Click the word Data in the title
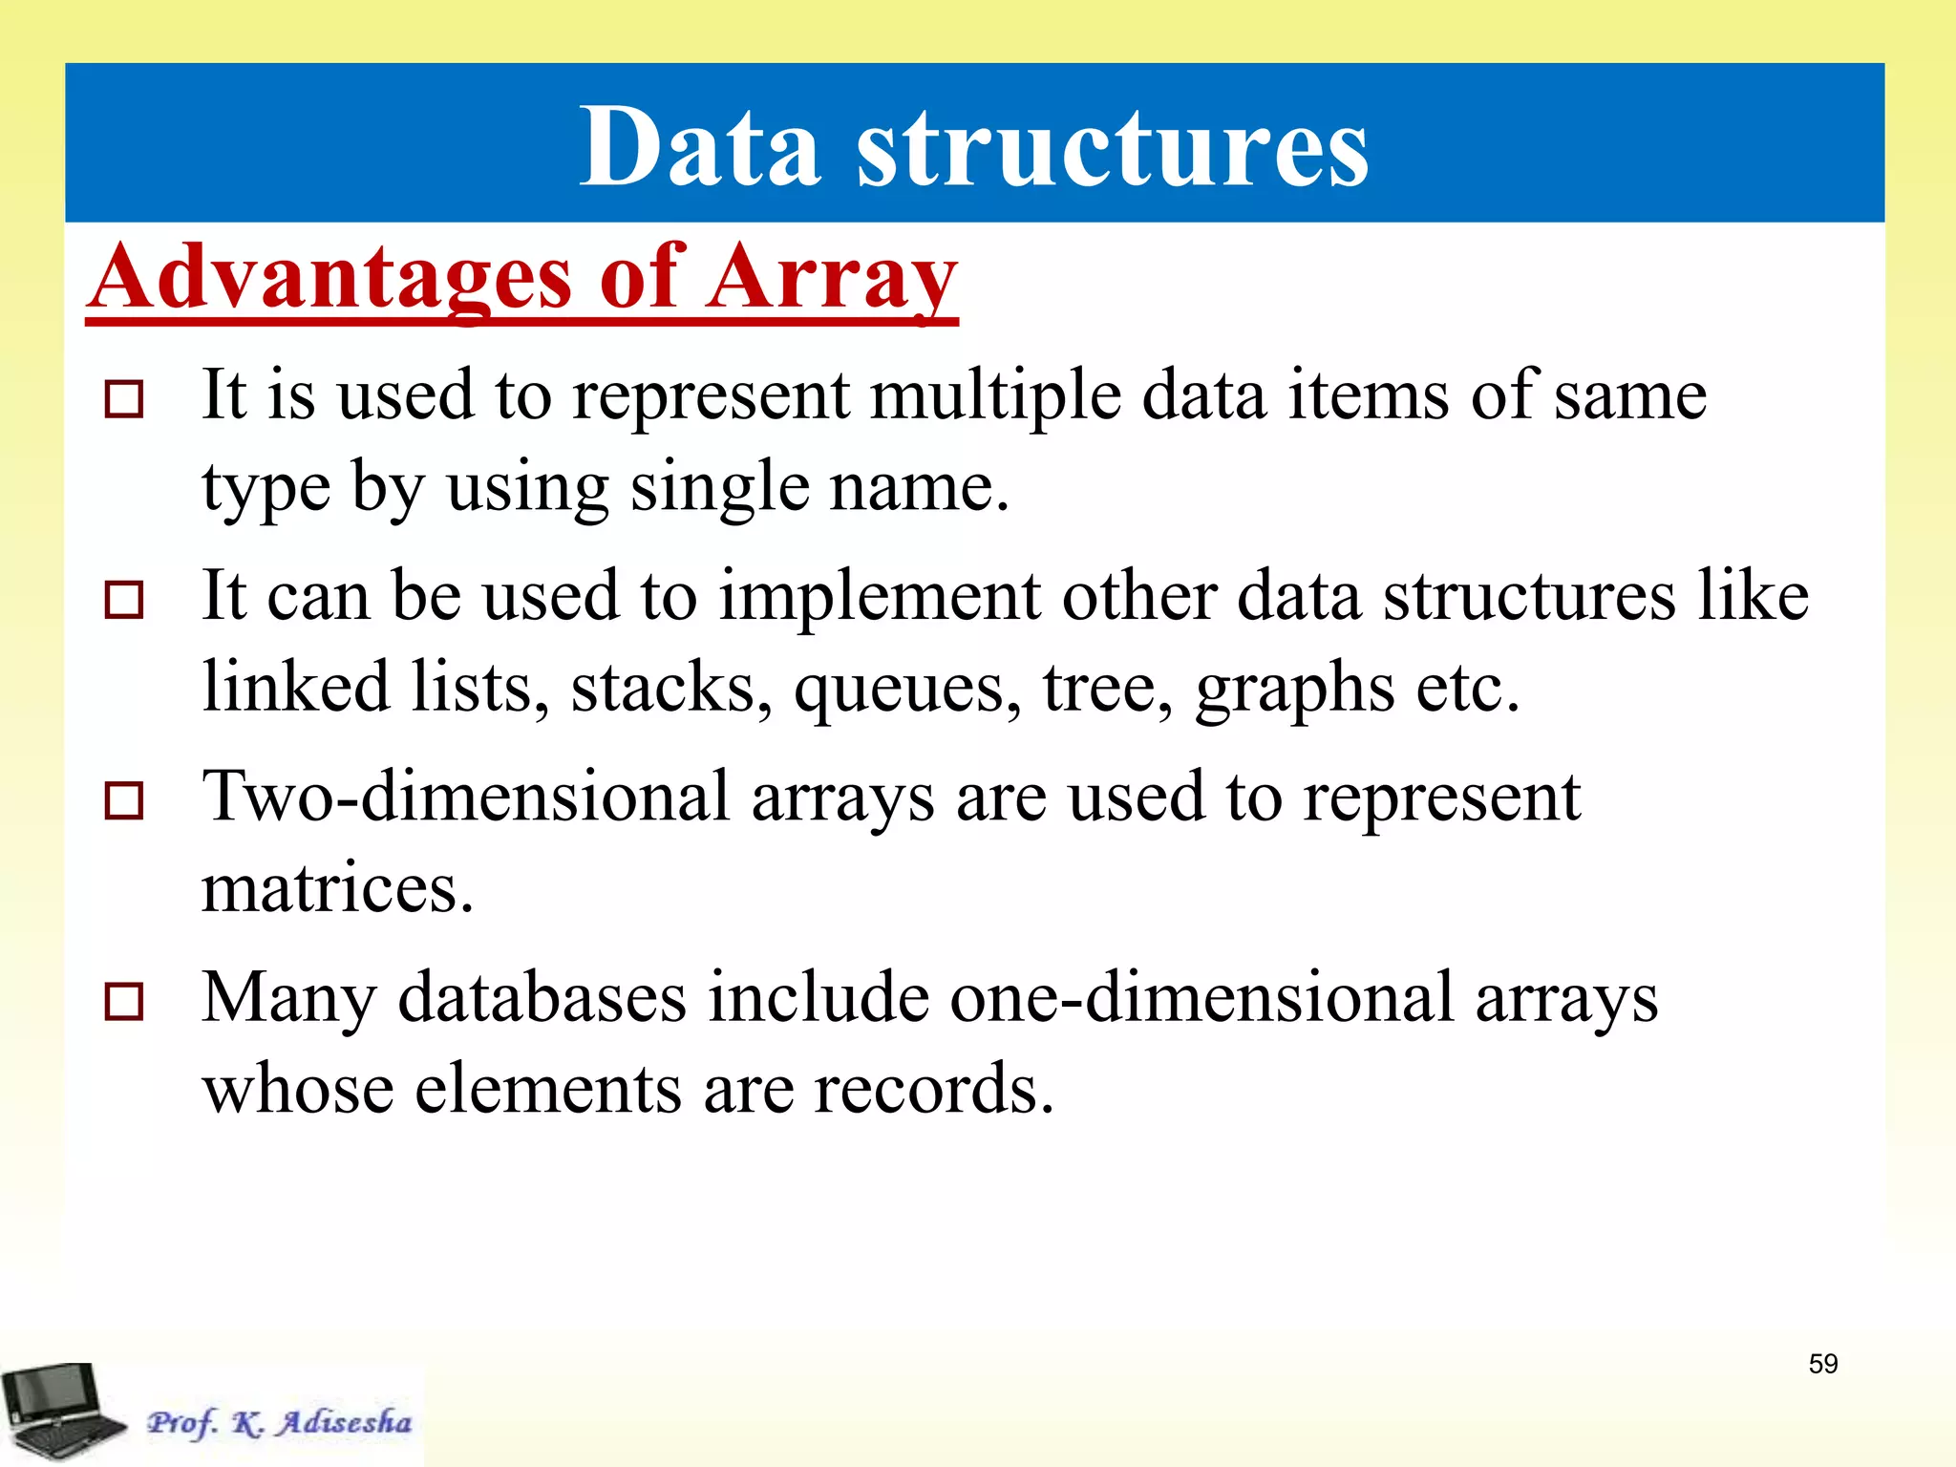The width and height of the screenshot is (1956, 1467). point(700,148)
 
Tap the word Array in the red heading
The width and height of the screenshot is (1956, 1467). point(831,278)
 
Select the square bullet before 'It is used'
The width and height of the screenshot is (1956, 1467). point(124,399)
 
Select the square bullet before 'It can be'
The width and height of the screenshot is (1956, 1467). point(124,600)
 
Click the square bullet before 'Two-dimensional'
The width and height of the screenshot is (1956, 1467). point(124,800)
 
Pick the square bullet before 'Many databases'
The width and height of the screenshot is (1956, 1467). point(124,1001)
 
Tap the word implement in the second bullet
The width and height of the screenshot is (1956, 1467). point(879,596)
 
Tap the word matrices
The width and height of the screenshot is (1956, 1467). point(337,888)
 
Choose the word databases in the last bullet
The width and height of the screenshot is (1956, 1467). point(542,997)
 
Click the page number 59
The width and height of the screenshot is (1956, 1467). point(1822,1364)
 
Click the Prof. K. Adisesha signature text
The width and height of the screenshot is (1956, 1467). point(279,1423)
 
